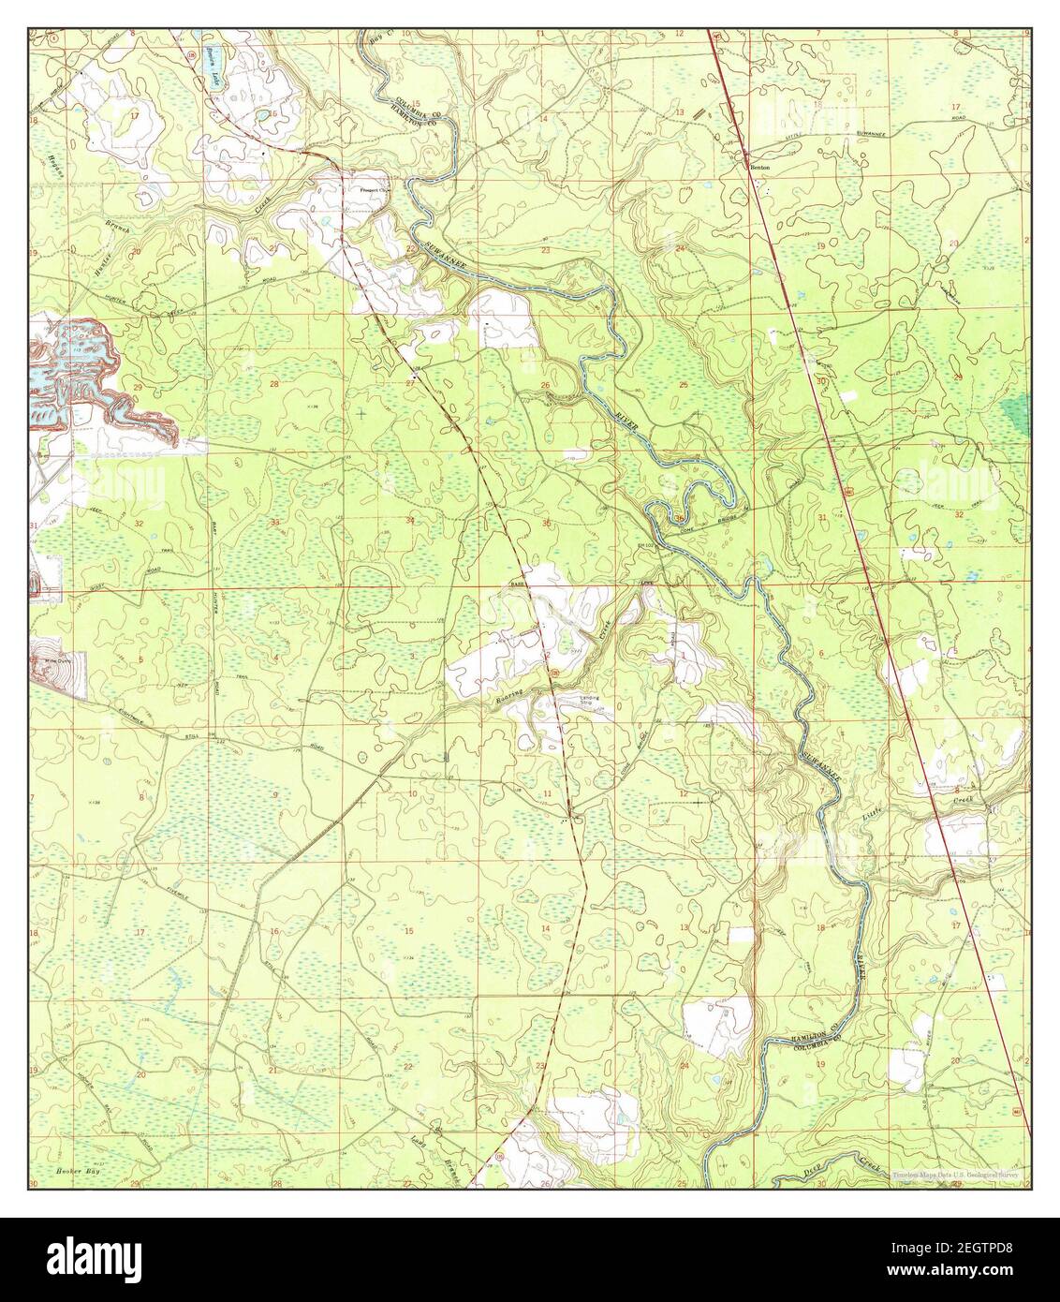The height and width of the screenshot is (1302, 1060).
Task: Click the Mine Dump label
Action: coord(58,661)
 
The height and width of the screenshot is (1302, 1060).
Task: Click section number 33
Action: coord(275,521)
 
